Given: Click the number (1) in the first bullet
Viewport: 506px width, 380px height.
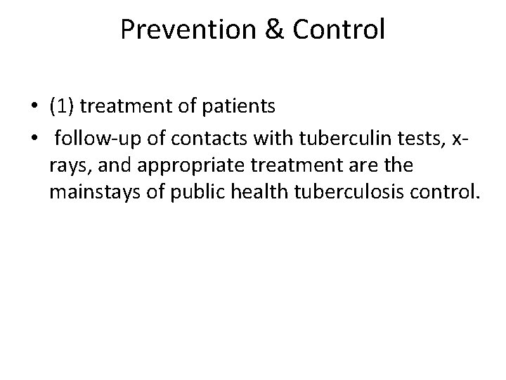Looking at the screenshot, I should [63, 106].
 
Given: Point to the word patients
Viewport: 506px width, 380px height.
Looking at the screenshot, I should [240, 106].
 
